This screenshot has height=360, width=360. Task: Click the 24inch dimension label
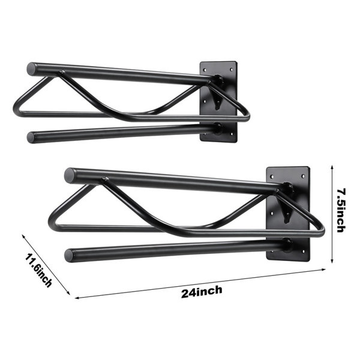coord(202,292)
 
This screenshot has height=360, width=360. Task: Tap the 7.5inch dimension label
coord(341,210)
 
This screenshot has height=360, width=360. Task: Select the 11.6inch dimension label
coord(38,270)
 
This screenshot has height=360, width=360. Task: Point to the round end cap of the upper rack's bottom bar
coord(31,137)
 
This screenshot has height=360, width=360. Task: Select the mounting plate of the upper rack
coord(218,101)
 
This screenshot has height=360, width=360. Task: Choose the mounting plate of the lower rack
coord(288,214)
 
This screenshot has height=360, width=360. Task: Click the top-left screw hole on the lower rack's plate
coord(272,177)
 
